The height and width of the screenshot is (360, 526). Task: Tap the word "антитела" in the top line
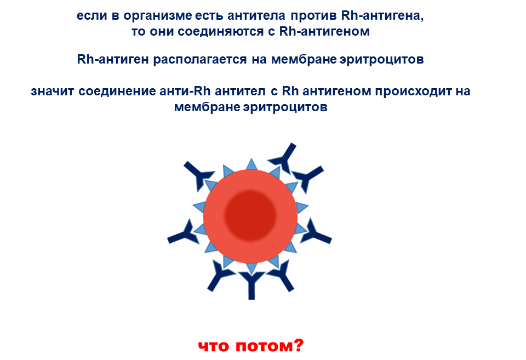coord(256,15)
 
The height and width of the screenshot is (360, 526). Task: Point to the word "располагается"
coord(200,59)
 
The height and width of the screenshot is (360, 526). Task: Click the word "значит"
coord(52,92)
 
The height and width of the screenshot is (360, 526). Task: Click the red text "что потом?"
coord(251,346)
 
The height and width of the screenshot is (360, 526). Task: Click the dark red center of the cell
coord(250,215)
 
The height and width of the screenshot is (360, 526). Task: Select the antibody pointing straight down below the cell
coord(251,285)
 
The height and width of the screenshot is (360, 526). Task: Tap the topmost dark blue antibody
coord(283,158)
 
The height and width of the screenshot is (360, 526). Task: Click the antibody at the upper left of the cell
coord(198,176)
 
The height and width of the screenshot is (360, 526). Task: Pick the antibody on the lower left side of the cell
coord(184,234)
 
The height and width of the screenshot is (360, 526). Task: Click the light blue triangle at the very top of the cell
coord(251,165)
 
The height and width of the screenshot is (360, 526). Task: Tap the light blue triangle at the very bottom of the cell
coord(251,268)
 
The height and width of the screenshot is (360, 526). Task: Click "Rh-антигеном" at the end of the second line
coord(324,32)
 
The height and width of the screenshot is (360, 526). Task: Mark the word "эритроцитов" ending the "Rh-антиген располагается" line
coord(382,59)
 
